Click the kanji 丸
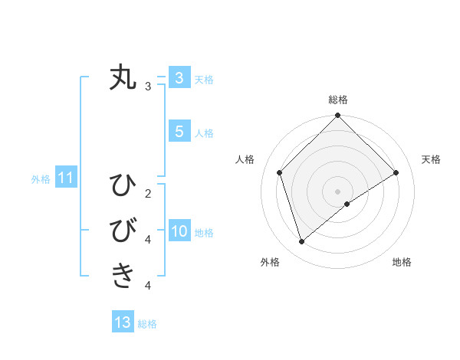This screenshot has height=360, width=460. click(x=123, y=78)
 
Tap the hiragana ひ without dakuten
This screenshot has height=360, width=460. click(x=123, y=185)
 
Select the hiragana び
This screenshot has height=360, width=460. click(x=123, y=230)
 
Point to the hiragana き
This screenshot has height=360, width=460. click(x=123, y=274)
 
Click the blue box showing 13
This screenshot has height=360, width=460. click(x=123, y=322)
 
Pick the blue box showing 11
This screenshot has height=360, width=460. click(x=66, y=178)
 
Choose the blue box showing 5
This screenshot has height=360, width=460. click(x=179, y=132)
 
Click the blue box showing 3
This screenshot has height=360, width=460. click(x=179, y=78)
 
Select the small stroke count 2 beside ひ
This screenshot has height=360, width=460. click(x=148, y=193)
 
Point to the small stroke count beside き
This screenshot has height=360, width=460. click(x=148, y=286)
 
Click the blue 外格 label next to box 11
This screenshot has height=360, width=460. click(x=41, y=179)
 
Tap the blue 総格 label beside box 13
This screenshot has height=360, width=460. click(x=147, y=324)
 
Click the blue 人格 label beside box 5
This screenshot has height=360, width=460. click(x=204, y=133)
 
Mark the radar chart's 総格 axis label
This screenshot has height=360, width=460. click(x=337, y=100)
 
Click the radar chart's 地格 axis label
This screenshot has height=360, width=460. click(x=402, y=262)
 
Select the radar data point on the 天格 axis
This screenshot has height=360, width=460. click(x=396, y=172)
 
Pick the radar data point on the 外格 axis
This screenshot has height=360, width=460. click(x=302, y=241)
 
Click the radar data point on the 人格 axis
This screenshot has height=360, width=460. click(x=280, y=172)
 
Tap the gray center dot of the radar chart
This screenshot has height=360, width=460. click(x=337, y=191)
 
